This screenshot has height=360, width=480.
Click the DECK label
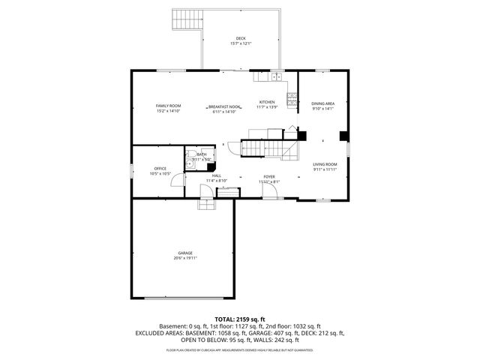click(x=240, y=38)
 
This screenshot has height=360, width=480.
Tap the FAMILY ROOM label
click(x=168, y=106)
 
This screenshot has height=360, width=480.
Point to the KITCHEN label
click(x=267, y=102)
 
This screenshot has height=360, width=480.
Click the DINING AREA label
click(x=322, y=103)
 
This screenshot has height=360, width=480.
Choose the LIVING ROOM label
click(x=325, y=163)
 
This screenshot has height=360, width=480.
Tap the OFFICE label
click(x=160, y=168)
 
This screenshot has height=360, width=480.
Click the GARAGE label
click(x=184, y=253)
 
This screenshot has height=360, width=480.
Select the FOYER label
click(x=268, y=175)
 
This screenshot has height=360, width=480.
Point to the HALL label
click(x=216, y=175)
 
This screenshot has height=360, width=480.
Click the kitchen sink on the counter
click(x=276, y=76)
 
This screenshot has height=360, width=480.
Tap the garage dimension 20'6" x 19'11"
click(x=184, y=258)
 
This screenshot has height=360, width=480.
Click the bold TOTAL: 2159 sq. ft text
click(x=239, y=319)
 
